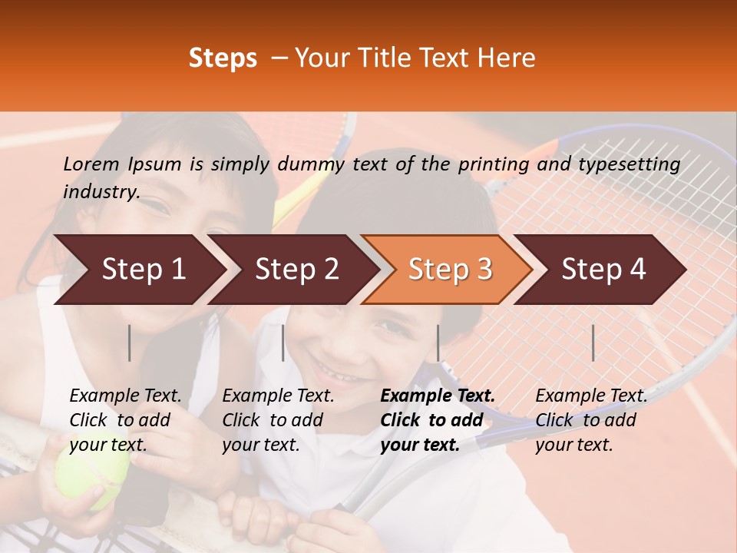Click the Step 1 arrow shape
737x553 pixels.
coord(138,270)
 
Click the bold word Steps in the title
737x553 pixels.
coord(223,58)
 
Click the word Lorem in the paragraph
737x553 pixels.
coord(91,164)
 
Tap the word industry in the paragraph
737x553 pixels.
coord(101,191)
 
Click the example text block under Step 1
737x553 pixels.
coord(125,420)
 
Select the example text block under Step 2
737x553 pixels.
coord(278,420)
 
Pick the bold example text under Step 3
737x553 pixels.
coord(438,420)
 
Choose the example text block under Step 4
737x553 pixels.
coord(591,420)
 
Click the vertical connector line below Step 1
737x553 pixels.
coord(130,343)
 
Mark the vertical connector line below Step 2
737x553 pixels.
coord(283,343)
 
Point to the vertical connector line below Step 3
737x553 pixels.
coord(438,343)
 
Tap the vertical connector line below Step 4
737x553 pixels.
coord(593,343)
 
